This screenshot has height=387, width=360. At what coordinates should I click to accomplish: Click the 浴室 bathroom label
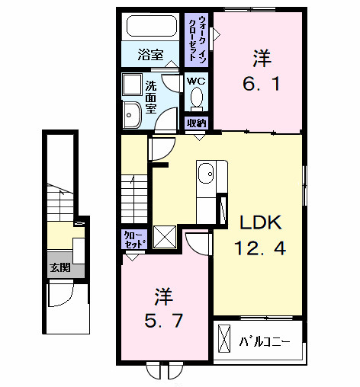[151, 55]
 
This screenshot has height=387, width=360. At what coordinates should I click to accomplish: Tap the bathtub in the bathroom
[151, 30]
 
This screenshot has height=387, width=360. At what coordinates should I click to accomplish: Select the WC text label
[197, 81]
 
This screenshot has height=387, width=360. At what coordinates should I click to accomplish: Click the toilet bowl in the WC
[197, 98]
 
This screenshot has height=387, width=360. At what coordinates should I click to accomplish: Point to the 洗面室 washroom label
[151, 97]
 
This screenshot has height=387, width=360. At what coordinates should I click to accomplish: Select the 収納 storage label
[197, 122]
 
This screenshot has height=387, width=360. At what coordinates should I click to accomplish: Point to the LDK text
[262, 222]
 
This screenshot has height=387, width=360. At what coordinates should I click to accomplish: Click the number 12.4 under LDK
[262, 249]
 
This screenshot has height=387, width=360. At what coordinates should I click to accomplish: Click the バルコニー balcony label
[264, 341]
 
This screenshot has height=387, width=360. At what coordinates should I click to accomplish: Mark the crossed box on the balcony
[226, 337]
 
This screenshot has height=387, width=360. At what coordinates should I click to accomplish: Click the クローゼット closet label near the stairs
[131, 241]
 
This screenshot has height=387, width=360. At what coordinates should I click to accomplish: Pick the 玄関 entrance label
[59, 268]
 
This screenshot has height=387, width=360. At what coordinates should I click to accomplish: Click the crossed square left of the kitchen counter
[165, 237]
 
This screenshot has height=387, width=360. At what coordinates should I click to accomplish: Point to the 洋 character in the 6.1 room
[262, 57]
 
